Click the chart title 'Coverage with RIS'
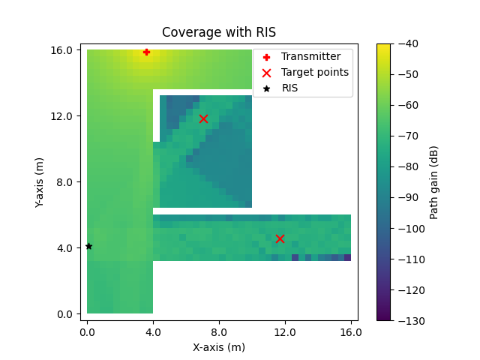pos(219,32)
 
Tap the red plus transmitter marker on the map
pos(146,52)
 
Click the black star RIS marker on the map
pos(88,246)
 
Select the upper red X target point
pos(203,118)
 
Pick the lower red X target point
pos(280,238)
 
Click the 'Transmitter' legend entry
pos(310,56)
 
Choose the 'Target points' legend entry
pos(314,72)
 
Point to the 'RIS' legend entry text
pos(289,88)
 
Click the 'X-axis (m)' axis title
pos(219,347)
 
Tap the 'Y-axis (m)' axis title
pos(40,181)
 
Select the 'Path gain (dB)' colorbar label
pos(434,182)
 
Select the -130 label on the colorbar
pos(406,320)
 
